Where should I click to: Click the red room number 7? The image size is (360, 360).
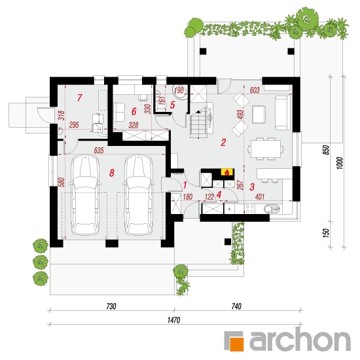[80, 98]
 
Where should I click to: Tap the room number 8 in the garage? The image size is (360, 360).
[112, 173]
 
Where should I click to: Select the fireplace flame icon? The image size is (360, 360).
[227, 172]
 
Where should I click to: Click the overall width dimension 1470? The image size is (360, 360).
[174, 320]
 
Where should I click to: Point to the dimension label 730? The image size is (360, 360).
[111, 306]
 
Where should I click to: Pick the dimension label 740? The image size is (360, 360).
[236, 306]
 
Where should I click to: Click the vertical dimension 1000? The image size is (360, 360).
[340, 163]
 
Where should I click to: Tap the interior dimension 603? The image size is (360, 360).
[255, 90]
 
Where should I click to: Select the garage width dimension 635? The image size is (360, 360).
[99, 151]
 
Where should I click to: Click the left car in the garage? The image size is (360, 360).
[85, 195]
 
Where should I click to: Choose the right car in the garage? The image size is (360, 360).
[139, 195]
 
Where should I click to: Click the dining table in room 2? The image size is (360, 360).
[266, 149]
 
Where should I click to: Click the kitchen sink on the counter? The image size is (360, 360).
[272, 209]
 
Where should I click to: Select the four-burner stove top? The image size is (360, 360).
[250, 209]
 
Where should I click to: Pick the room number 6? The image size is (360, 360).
[134, 111]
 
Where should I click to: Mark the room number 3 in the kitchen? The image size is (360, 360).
[252, 187]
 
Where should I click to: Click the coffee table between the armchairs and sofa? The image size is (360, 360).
[259, 114]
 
